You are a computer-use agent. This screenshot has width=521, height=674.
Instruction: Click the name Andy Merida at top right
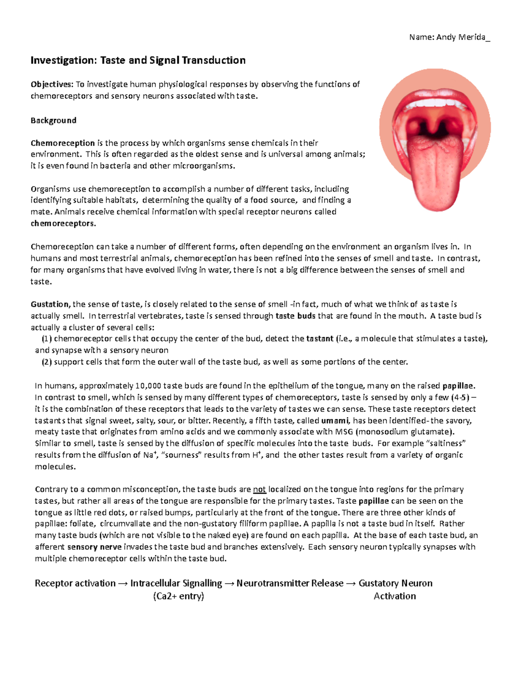pos(461,37)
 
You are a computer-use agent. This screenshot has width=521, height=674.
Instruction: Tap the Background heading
pos(53,120)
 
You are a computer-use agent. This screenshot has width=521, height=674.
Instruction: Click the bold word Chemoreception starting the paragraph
pos(63,143)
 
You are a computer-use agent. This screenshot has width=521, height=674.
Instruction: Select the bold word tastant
pos(320,339)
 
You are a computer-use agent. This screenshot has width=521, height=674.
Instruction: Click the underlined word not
pos(259,489)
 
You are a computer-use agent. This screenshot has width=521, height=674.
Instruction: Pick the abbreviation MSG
pos(344,432)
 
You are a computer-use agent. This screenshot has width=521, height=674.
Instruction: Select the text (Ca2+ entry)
pos(178,596)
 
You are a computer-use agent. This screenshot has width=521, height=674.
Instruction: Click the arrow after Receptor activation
pos(123,583)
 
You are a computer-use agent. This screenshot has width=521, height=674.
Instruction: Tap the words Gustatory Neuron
pos(395,583)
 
